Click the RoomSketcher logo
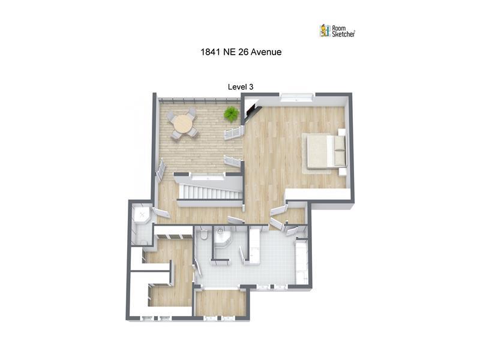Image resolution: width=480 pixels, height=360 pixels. click(x=337, y=31)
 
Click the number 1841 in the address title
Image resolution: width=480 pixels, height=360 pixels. click(x=211, y=52)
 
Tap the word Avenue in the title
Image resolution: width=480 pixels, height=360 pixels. click(x=266, y=52)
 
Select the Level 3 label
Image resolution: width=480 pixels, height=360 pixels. click(x=241, y=87)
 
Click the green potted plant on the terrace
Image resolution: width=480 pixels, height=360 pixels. click(x=231, y=114)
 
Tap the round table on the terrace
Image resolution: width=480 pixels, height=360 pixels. click(x=182, y=124)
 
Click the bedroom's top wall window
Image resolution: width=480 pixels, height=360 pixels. click(x=297, y=97)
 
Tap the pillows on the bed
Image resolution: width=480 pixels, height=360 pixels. click(x=339, y=151)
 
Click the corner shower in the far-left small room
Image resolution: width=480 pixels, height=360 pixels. click(x=142, y=215)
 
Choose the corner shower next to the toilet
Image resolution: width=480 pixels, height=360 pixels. click(x=222, y=237)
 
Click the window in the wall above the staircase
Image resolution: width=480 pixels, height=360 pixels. click(x=208, y=176)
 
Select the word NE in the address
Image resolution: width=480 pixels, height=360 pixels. click(x=229, y=52)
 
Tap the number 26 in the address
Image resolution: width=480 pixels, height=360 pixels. click(x=243, y=52)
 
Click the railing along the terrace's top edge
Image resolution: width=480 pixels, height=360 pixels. click(x=199, y=101)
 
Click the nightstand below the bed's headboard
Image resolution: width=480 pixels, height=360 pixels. click(x=342, y=172)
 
